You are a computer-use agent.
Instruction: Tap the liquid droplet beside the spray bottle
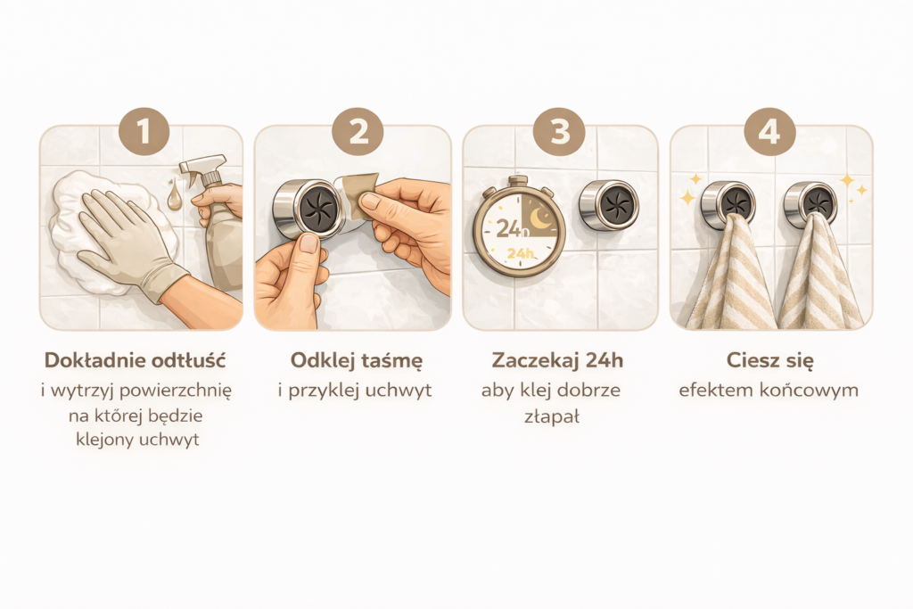[174, 195]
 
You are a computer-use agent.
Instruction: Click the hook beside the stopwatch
[608, 205]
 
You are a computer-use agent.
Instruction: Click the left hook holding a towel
[728, 205]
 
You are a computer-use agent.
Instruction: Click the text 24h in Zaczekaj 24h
[605, 360]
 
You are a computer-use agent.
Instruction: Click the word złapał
[551, 416]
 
